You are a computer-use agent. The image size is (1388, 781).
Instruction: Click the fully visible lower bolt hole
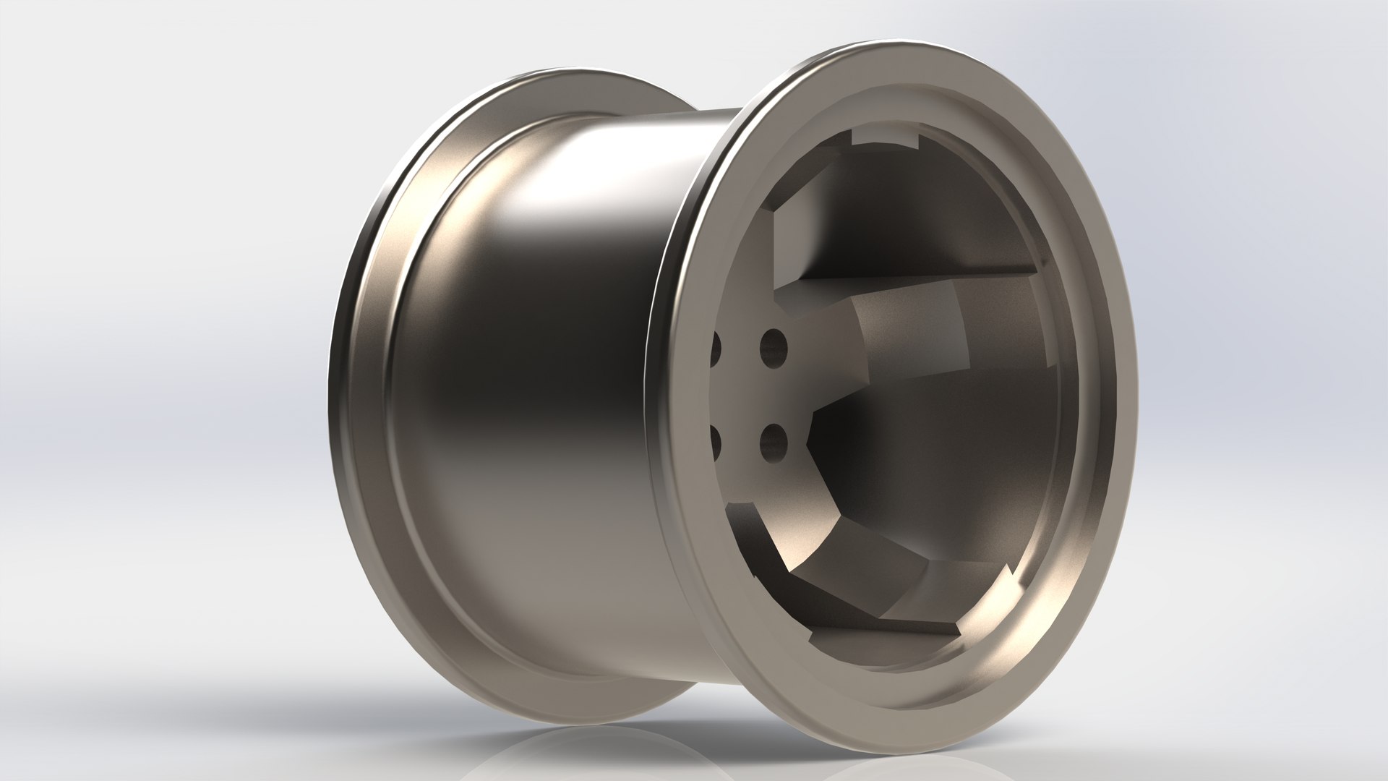coord(773,442)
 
